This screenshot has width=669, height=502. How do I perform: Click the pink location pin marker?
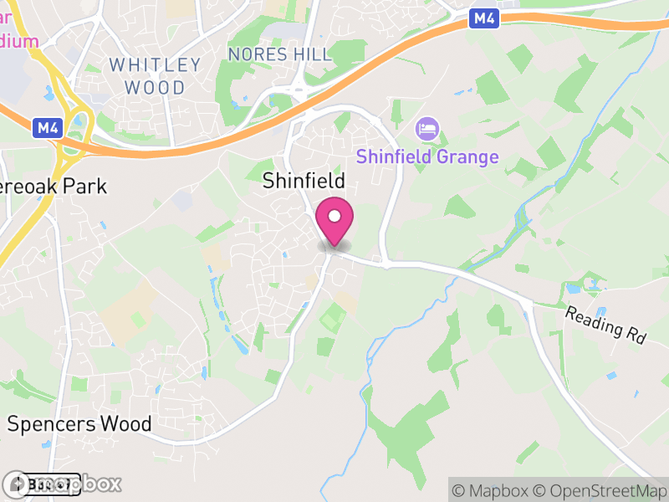[334, 221]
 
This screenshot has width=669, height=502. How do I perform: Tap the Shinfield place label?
[304, 181]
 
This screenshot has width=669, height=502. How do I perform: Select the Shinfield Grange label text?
[427, 156]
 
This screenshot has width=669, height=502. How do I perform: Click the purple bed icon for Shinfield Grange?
[427, 130]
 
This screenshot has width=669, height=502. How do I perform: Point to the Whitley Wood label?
[156, 75]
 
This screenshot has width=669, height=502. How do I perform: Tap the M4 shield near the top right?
[483, 18]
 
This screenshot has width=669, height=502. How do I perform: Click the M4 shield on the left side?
[47, 128]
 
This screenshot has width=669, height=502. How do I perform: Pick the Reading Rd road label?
[606, 325]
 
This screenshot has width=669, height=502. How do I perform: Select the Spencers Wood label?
[79, 423]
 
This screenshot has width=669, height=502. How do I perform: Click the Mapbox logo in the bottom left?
[63, 484]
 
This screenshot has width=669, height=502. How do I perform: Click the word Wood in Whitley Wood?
[156, 86]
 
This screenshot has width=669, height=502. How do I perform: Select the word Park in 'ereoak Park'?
[87, 185]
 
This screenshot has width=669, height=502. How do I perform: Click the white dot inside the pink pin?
[334, 217]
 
